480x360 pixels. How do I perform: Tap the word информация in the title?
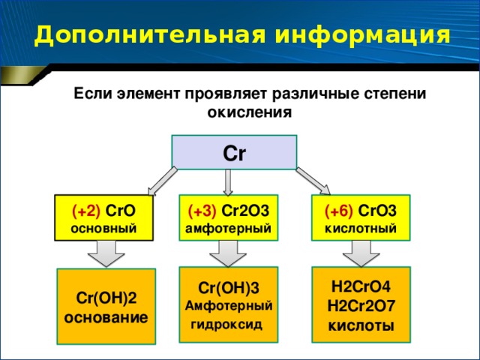point(362,36)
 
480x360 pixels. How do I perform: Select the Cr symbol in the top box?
point(234,153)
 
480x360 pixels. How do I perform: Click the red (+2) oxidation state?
point(86,211)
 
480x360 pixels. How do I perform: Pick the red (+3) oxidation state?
point(202,211)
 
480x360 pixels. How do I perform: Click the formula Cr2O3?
point(245,211)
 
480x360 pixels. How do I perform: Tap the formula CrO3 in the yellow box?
point(377,211)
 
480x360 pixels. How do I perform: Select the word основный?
point(103,228)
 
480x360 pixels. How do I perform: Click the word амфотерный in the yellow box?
point(228,229)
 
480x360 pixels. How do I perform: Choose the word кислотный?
point(361,228)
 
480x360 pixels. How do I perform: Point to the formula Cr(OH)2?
point(106,298)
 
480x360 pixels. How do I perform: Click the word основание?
point(106,318)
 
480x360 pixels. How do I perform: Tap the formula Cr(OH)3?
point(229,288)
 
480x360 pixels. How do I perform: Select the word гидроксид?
point(226,325)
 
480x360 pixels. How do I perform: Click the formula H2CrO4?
point(361,286)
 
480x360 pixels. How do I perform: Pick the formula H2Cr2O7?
point(361,306)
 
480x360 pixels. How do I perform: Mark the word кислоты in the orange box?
point(361,325)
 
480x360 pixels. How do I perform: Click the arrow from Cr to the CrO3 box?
point(313,181)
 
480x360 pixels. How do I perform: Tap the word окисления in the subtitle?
point(250,112)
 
